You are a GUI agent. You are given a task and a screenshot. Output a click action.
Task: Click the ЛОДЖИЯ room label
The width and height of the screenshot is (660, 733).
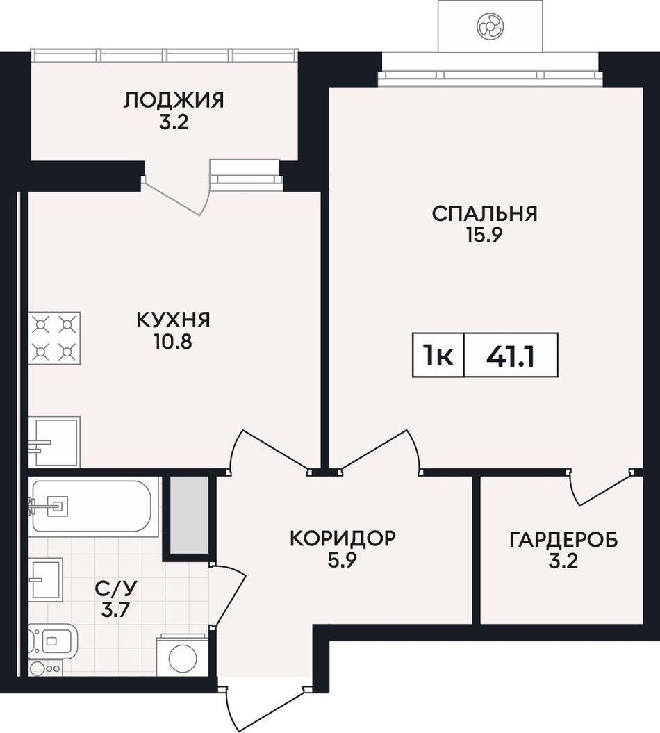click(x=174, y=101)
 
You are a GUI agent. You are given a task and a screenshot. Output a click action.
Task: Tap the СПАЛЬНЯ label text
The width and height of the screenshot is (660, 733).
click(x=484, y=213)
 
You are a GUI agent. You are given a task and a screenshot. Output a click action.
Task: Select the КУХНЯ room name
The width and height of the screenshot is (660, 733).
click(x=173, y=320)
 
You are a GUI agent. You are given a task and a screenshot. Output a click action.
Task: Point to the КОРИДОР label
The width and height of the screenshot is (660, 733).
click(x=343, y=538)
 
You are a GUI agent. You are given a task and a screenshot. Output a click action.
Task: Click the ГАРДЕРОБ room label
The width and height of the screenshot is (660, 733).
click(x=563, y=539)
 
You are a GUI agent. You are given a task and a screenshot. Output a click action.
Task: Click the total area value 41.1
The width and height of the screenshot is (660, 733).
click(x=511, y=356)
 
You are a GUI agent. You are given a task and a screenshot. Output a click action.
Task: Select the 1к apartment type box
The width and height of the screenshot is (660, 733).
click(x=438, y=355)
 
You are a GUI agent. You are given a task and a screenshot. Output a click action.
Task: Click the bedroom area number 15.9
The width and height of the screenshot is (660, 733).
click(x=484, y=235)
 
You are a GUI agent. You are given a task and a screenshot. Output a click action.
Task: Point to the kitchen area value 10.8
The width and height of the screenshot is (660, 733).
click(x=173, y=343)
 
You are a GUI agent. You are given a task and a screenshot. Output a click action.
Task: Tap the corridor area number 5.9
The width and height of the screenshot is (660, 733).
click(x=342, y=560)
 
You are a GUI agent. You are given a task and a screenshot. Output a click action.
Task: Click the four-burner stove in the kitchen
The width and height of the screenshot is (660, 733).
click(x=54, y=338)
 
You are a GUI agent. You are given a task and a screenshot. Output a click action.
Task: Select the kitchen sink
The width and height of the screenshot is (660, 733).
click(x=54, y=442)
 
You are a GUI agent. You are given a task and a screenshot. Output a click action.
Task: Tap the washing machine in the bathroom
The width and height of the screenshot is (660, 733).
click(x=182, y=654)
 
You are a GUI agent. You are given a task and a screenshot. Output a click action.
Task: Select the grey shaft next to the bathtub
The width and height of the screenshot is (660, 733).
click(x=189, y=515)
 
